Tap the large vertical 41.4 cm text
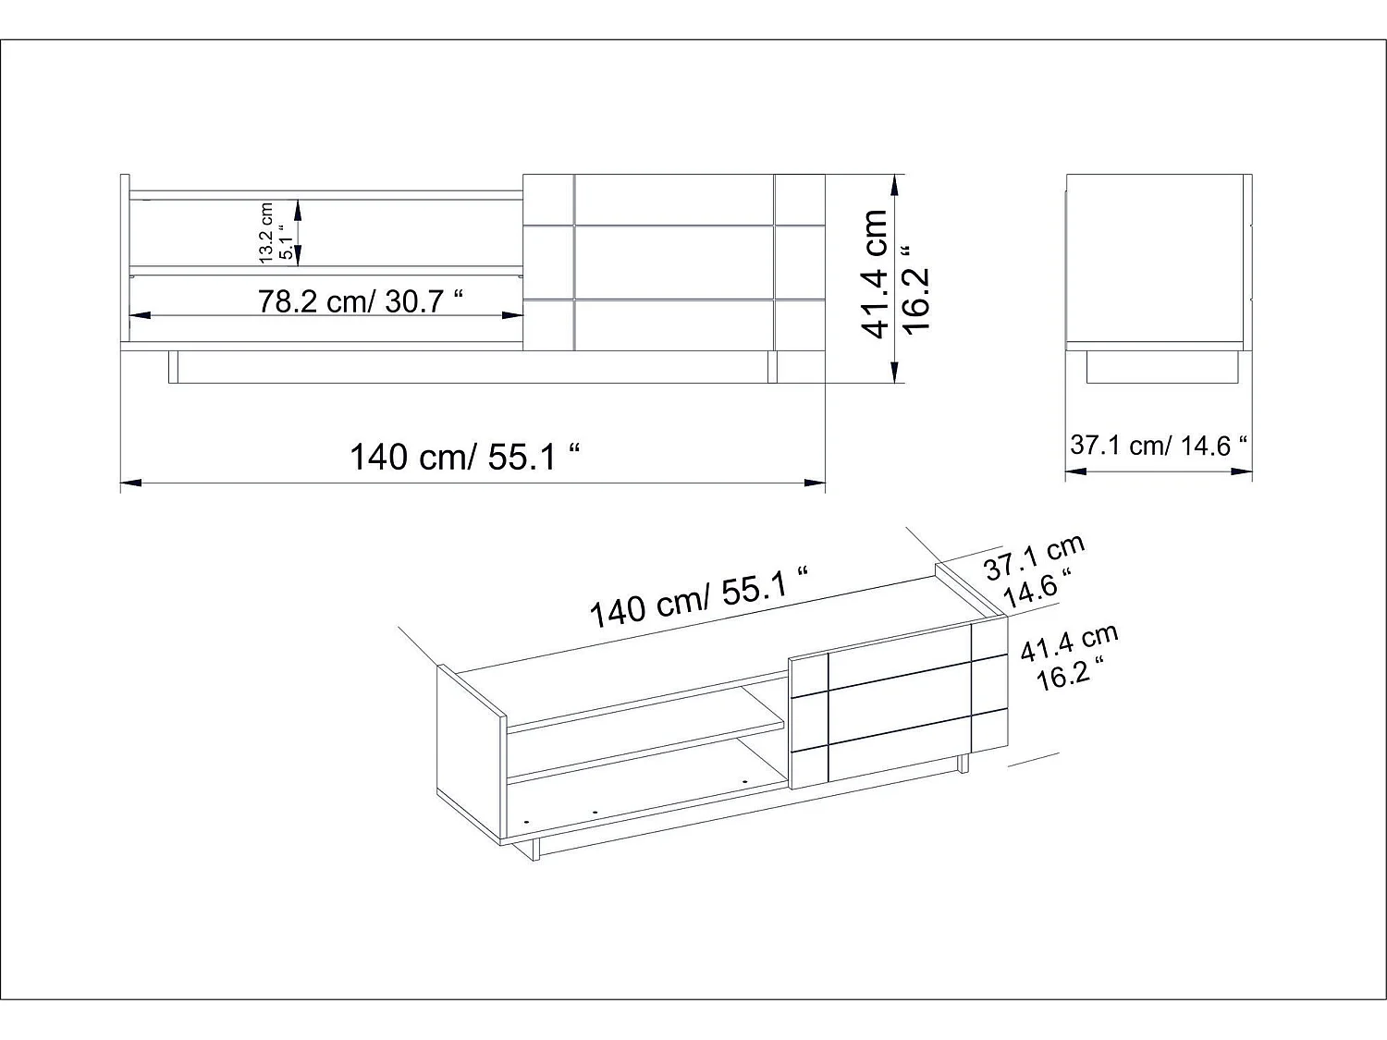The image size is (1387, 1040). click(875, 273)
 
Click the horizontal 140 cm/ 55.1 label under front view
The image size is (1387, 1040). click(465, 457)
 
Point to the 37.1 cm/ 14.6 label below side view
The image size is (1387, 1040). click(1159, 446)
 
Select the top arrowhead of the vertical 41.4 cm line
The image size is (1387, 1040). click(894, 184)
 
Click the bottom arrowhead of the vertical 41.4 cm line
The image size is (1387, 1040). click(894, 373)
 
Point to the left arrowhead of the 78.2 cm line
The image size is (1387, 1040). click(139, 315)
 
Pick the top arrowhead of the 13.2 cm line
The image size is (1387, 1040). click(298, 207)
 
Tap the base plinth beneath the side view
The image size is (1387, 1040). click(1161, 367)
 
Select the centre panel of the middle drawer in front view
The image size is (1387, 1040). click(674, 262)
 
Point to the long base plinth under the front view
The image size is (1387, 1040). click(472, 367)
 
